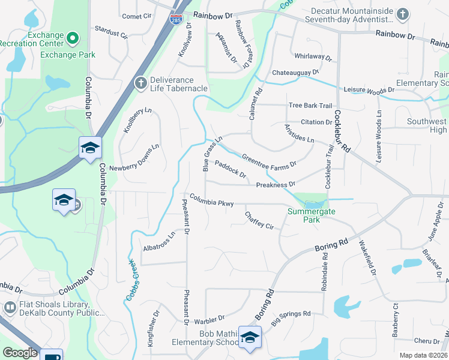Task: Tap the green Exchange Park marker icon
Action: point(73,40)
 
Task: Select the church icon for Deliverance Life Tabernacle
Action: point(140,83)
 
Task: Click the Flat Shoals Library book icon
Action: point(10,308)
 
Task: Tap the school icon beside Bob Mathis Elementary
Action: point(250,338)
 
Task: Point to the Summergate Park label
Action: point(311,215)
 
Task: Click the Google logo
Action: point(20,353)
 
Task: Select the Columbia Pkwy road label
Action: point(212,200)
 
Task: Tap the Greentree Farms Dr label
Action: point(269,161)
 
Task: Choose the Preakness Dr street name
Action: point(276,184)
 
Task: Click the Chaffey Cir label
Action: point(259,220)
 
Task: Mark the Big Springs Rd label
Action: point(291,317)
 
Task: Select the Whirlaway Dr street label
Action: point(313,57)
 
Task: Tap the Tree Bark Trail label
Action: point(310,106)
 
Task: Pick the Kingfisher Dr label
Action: point(152,327)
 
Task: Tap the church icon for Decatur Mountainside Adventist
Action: point(403,14)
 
